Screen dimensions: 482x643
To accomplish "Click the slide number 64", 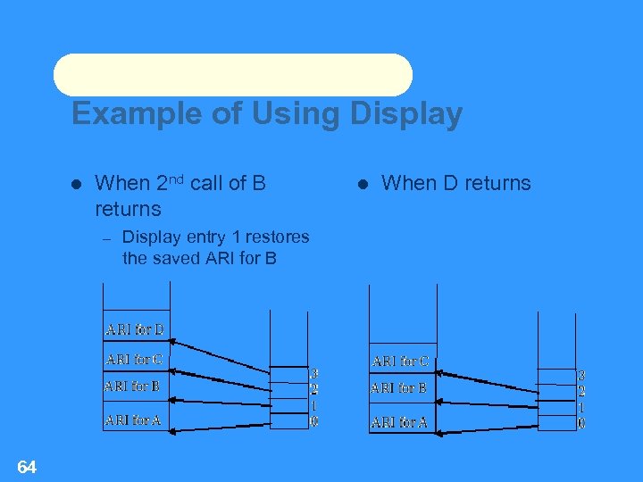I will [x=27, y=467].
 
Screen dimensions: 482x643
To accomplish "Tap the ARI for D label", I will [x=134, y=329].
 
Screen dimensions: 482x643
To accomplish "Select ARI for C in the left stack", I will [x=133, y=360].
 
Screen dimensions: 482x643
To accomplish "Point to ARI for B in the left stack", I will [x=131, y=386].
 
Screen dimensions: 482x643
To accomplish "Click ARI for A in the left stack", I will [x=132, y=420].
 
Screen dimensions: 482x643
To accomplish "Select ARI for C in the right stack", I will [x=400, y=361].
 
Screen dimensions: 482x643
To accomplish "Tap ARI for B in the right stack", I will [x=398, y=388].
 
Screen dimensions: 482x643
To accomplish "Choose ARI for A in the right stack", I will [x=399, y=422].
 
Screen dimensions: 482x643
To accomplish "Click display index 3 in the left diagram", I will [x=314, y=373].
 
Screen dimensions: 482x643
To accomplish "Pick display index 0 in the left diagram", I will [x=314, y=420].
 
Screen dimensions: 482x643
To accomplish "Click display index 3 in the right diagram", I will [x=581, y=376].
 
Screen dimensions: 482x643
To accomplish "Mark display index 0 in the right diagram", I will [x=581, y=423].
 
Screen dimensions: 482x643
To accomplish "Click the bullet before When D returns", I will [x=363, y=184].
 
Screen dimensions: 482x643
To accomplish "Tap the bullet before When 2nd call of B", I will [x=76, y=184].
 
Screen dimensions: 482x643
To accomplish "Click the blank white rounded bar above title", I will [x=233, y=75].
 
